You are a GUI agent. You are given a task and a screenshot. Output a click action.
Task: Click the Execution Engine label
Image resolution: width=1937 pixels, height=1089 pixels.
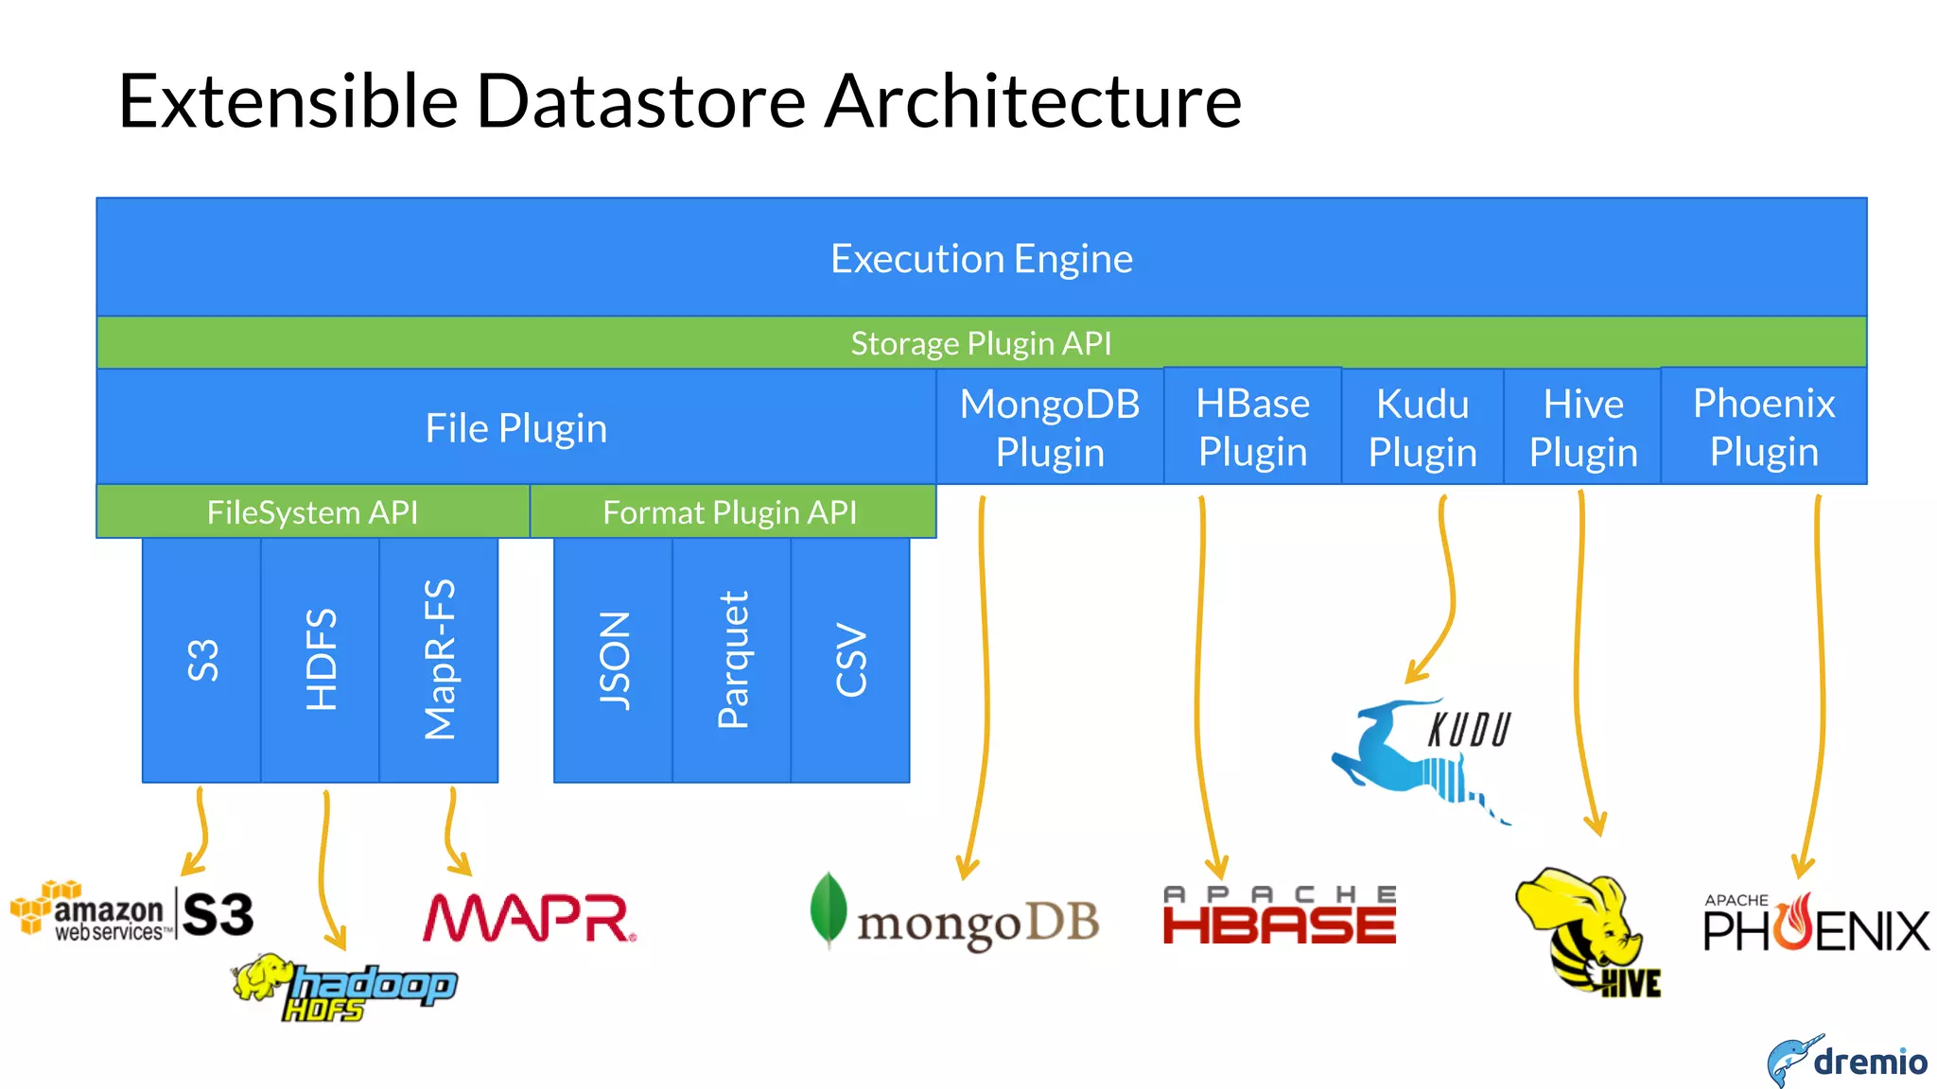(x=981, y=258)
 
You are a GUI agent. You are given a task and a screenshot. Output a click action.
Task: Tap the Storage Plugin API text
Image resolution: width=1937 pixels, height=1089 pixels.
(x=981, y=342)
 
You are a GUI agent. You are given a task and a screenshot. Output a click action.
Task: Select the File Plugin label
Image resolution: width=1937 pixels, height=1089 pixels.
(x=515, y=428)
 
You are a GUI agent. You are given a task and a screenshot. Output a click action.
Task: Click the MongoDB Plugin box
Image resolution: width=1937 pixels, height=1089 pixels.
(x=1050, y=427)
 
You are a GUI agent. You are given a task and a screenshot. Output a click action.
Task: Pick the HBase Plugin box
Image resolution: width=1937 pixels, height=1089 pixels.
(x=1252, y=427)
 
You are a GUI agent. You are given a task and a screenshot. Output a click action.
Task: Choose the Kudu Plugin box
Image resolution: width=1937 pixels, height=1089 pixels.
(x=1422, y=427)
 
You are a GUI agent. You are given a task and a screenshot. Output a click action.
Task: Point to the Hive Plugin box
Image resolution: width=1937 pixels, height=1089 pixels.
(x=1582, y=427)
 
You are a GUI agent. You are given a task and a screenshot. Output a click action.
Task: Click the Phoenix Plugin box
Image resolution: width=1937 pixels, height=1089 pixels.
(x=1764, y=427)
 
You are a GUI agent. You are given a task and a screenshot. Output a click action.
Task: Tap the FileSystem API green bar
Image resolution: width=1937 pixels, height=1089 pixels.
(x=312, y=511)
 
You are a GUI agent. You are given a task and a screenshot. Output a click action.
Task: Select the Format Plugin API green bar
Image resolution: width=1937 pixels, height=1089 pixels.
(x=730, y=511)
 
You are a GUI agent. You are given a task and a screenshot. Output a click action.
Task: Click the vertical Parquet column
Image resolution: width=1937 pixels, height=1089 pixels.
(x=732, y=660)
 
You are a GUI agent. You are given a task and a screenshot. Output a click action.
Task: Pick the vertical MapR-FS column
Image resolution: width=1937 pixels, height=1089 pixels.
(x=439, y=660)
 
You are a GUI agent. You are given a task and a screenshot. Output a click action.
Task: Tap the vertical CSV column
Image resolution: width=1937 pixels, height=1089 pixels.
(x=850, y=660)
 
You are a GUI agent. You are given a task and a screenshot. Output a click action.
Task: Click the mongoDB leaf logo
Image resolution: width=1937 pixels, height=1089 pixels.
(x=829, y=909)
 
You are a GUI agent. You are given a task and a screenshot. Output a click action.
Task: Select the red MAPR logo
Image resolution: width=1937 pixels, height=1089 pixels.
(x=529, y=918)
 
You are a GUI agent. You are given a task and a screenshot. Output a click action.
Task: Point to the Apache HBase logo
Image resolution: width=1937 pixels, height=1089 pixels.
(x=1279, y=915)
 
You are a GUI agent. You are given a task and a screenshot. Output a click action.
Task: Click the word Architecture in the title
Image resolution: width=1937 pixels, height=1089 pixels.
(x=1033, y=101)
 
